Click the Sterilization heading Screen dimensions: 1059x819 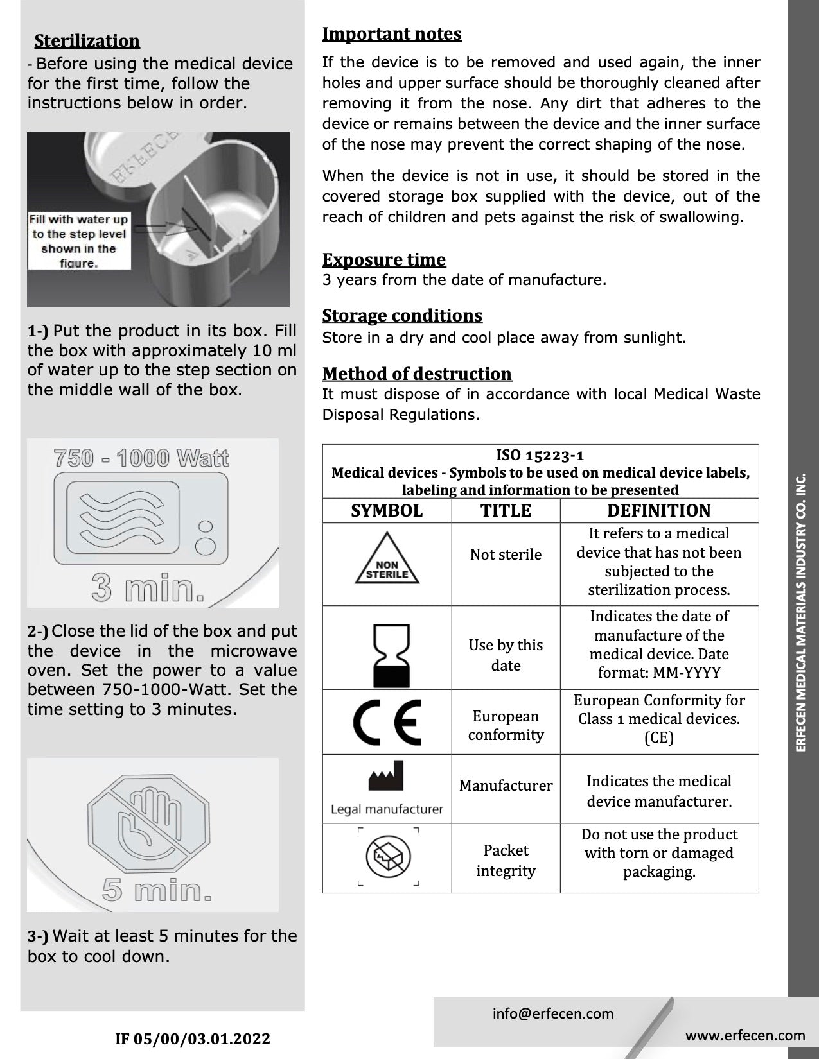pyautogui.click(x=87, y=40)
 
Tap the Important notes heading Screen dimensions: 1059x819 pyautogui.click(x=392, y=33)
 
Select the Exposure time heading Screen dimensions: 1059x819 pyautogui.click(x=383, y=259)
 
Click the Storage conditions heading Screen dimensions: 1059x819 pyautogui.click(x=402, y=315)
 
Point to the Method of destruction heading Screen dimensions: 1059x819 pyautogui.click(x=417, y=374)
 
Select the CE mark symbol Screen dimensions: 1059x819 pyautogui.click(x=387, y=721)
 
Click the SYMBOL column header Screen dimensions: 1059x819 pyautogui.click(x=387, y=511)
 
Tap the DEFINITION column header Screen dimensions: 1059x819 pyautogui.click(x=659, y=511)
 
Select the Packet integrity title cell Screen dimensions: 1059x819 pyautogui.click(x=506, y=860)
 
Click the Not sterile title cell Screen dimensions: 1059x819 pyautogui.click(x=506, y=555)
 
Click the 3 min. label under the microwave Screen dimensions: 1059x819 pyautogui.click(x=148, y=587)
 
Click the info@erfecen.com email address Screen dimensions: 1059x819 pyautogui.click(x=553, y=1013)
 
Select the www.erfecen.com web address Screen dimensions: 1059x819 pyautogui.click(x=745, y=1035)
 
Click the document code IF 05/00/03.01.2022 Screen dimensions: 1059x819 pyautogui.click(x=193, y=1038)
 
